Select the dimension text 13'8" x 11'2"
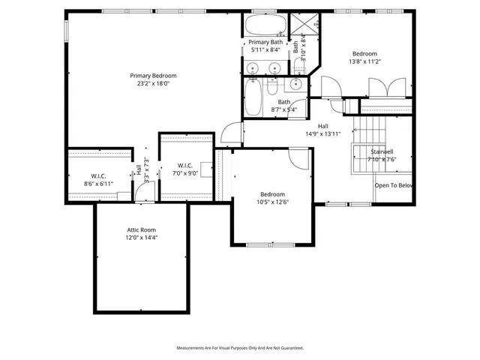click(364, 62)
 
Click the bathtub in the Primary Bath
click(265, 24)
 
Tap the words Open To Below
click(394, 185)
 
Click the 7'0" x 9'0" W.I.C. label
click(186, 169)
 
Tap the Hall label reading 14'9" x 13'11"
click(322, 130)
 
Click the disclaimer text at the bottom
click(239, 348)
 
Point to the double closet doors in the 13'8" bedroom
click(386, 87)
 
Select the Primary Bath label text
click(265, 43)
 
